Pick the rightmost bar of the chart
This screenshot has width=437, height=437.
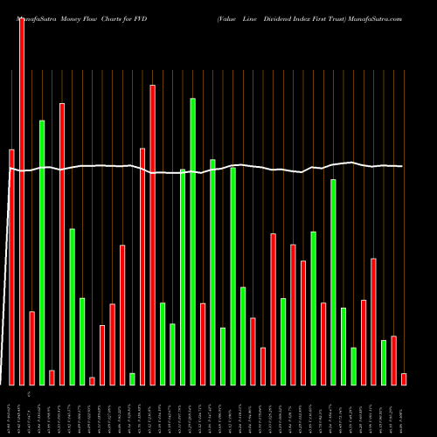pyautogui.click(x=404, y=378)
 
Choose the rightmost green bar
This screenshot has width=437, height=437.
pyautogui.click(x=384, y=362)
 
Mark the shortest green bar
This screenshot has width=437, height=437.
pyautogui.click(x=132, y=378)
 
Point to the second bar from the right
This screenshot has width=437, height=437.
pyautogui.click(x=393, y=360)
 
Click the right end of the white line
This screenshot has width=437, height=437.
pyautogui.click(x=402, y=166)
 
